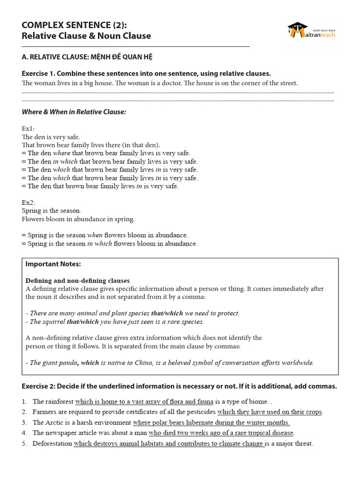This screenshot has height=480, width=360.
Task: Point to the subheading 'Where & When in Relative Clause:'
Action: tap(74, 112)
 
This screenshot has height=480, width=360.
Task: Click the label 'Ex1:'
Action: tap(28, 128)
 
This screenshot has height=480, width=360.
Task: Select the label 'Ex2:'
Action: tap(28, 202)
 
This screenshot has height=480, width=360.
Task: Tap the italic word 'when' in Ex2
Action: tap(95, 235)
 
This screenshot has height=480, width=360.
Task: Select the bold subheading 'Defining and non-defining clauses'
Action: tap(77, 281)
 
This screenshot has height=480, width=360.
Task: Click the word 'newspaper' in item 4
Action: tap(60, 433)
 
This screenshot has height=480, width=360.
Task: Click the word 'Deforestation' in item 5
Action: tap(52, 443)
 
